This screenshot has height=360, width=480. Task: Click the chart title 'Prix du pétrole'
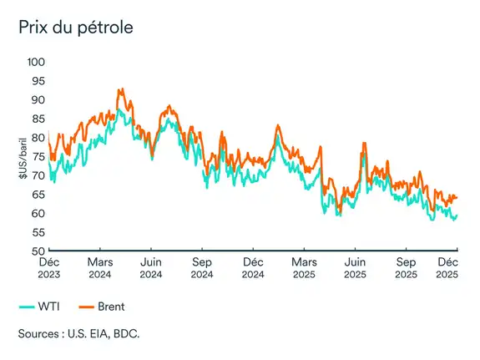[x=76, y=27]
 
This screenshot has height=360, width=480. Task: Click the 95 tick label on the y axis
[x=37, y=81]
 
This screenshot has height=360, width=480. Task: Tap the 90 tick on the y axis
[x=37, y=99]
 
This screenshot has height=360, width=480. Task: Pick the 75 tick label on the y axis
[x=37, y=156]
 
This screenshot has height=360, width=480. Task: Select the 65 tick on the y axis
[x=37, y=194]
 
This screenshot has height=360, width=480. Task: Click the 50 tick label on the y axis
[x=37, y=251]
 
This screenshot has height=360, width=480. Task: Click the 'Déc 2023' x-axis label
[x=49, y=267]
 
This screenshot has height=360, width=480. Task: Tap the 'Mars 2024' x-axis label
[x=100, y=267]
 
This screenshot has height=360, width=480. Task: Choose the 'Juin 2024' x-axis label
[x=151, y=267]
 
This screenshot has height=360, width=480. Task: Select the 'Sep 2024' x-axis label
[x=202, y=267]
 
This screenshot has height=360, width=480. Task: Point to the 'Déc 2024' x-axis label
[x=253, y=267]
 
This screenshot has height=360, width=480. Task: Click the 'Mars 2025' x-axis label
[x=304, y=267]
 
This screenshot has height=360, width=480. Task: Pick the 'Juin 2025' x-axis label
[x=355, y=267]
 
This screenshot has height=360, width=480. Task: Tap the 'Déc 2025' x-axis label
[x=448, y=267]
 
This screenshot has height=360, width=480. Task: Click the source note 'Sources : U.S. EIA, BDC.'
[x=78, y=334]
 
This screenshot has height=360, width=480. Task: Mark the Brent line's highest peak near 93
[x=120, y=89]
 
